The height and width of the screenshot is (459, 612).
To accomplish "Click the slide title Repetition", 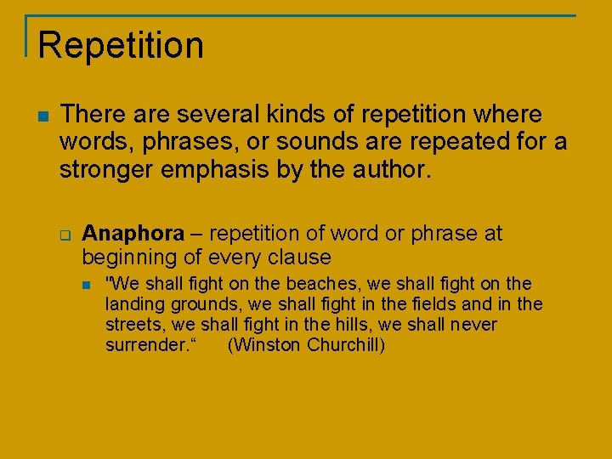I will coord(121,45).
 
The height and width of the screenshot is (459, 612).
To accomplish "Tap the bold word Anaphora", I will coord(133,234).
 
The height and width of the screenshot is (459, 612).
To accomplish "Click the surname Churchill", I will coord(343,346).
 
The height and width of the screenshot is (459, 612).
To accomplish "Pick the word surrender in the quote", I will coord(145,346).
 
